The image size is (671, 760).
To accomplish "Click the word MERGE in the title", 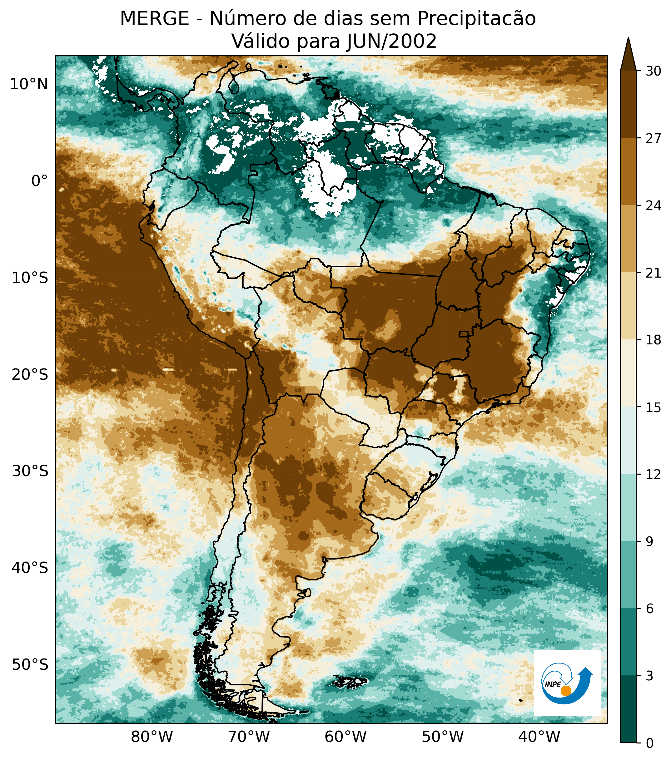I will [154, 19].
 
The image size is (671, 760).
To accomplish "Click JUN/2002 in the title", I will [391, 41].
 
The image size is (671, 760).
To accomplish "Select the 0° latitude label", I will [39, 181].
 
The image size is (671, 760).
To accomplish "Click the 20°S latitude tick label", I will [30, 375].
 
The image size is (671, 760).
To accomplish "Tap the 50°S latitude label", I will [30, 664].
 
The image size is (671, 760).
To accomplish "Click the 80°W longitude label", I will [152, 737].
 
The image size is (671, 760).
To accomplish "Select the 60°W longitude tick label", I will [345, 737].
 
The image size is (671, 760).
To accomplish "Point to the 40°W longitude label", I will [539, 737].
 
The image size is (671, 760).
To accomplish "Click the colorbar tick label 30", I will [653, 71].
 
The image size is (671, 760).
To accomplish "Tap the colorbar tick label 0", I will [650, 744].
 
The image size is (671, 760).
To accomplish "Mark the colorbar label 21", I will [653, 273].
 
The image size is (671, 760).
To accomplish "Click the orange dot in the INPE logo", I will [566, 691].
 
